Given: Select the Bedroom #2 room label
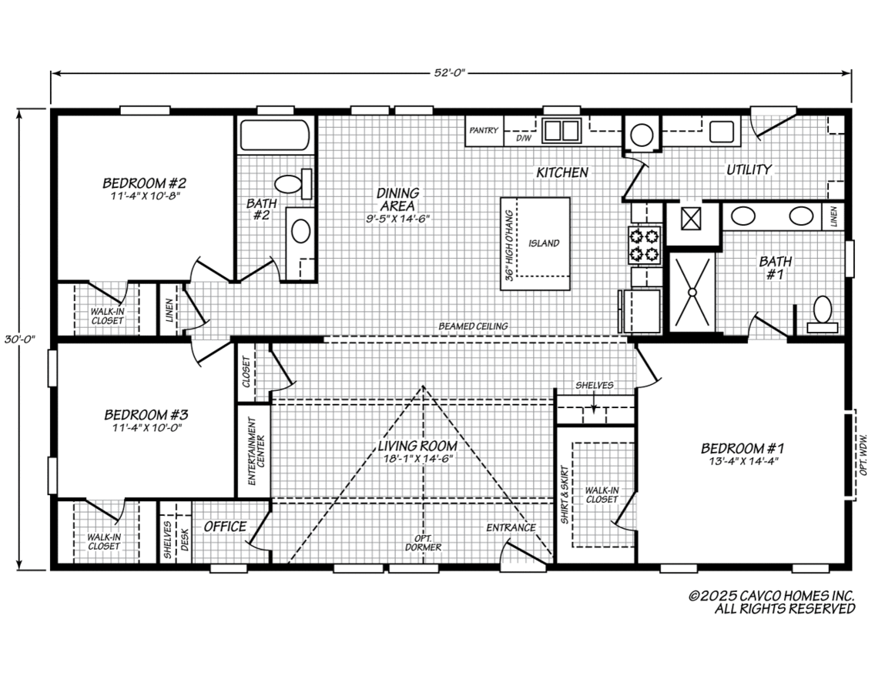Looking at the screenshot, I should coord(145,183).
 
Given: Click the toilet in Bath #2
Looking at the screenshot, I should coord(291,184).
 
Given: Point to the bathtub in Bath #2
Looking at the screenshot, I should coord(275,135).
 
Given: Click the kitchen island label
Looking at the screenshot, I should coord(544,243).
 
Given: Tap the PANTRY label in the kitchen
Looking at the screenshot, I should coord(484,131).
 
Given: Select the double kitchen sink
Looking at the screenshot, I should coord(561,131).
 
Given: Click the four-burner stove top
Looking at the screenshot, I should coord(645,244).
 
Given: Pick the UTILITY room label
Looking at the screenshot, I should coord(749,169).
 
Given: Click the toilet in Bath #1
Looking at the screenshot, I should coord(822,314).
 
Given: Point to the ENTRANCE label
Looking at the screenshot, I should coord(510,527).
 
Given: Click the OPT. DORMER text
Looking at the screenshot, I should coord(423,542).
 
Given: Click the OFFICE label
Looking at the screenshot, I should coord(225,527).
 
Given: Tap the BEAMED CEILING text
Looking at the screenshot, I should coord(473,326).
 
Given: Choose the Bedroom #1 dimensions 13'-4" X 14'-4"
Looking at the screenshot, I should coord(742,462).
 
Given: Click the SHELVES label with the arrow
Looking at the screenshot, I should coord(594,385).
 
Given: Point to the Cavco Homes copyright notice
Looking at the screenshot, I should coord(772,602).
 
